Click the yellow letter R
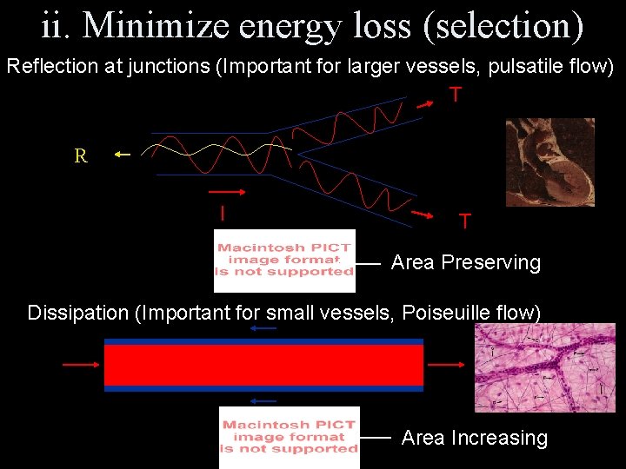click(81, 156)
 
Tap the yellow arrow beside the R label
click(122, 155)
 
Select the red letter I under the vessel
click(223, 212)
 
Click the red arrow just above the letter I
click(225, 191)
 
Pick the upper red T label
click(455, 95)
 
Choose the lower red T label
click(465, 221)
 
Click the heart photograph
click(549, 162)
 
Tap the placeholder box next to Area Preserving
click(284, 261)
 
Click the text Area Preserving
click(465, 262)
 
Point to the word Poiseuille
click(444, 313)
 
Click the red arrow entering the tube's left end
click(80, 365)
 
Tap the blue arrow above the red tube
click(263, 329)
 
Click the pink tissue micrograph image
click(544, 367)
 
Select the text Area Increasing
click(474, 439)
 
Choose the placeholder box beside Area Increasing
click(289, 437)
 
